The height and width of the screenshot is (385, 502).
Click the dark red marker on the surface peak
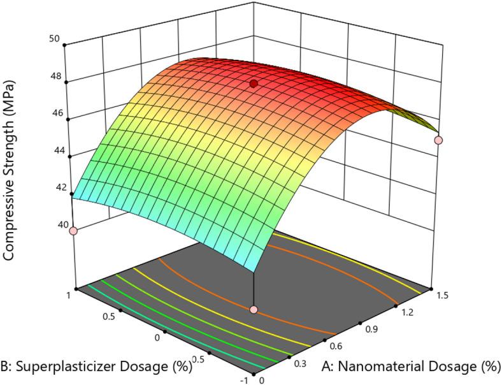254,84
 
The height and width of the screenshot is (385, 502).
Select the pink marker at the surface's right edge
438,140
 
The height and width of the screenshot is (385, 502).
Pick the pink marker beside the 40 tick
73,231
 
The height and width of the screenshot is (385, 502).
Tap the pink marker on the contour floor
254,310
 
